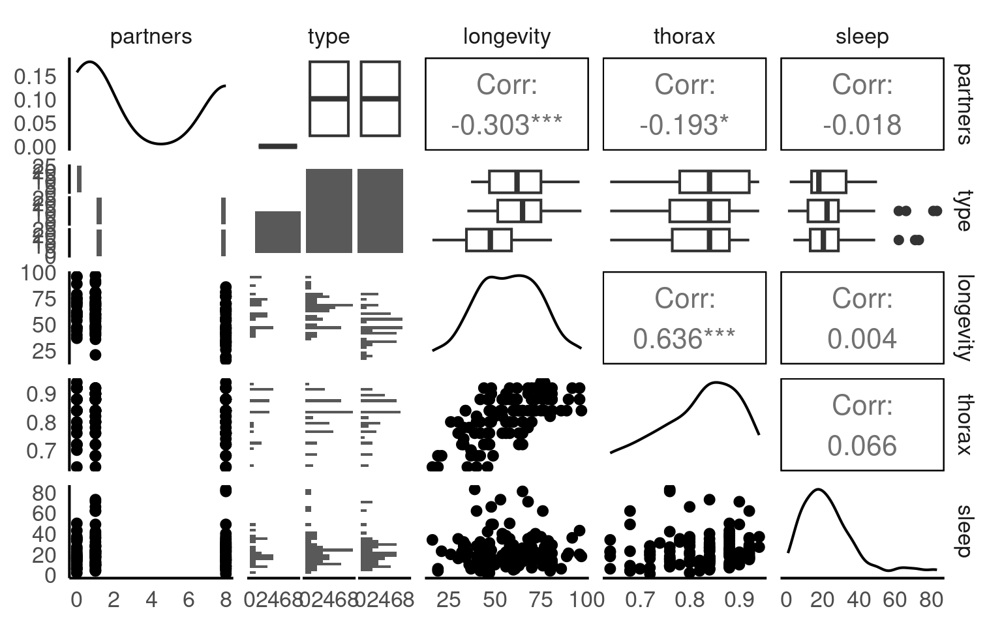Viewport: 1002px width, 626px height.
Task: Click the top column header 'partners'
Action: (151, 37)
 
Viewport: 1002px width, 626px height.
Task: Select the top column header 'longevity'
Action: (506, 37)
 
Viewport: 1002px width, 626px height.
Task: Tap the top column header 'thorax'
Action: (684, 37)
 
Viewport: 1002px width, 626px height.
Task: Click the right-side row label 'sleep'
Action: (962, 531)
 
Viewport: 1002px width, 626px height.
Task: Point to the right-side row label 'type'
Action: (962, 211)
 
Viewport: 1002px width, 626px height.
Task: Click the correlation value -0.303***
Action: (506, 125)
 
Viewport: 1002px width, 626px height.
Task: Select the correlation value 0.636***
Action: (684, 338)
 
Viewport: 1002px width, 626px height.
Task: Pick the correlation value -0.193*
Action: (684, 125)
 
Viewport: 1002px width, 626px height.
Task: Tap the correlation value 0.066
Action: (862, 446)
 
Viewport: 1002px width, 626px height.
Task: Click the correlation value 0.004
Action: (862, 338)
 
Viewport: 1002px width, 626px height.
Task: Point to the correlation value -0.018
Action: (862, 125)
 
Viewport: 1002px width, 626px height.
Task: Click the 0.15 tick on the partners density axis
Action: (35, 77)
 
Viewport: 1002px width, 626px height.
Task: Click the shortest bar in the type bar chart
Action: (278, 231)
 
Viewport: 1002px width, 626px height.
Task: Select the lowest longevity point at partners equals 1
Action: (95, 355)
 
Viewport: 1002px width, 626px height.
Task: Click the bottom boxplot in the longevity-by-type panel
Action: (489, 240)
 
